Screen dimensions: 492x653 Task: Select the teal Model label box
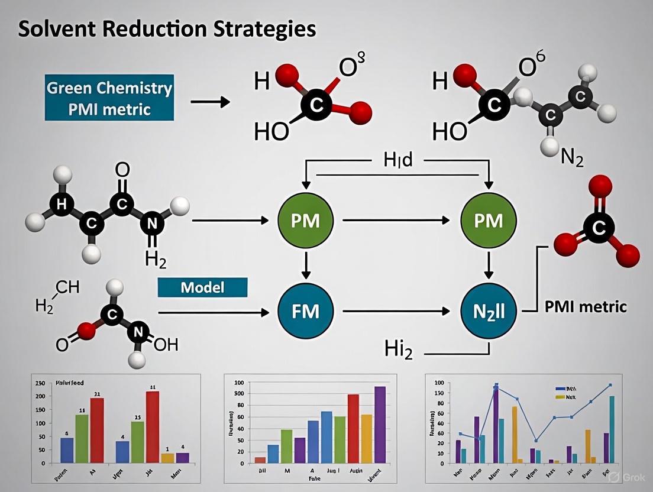[x=202, y=287]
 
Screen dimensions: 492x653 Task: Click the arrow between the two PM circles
[x=395, y=221]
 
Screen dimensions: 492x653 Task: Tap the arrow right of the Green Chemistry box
[x=210, y=102]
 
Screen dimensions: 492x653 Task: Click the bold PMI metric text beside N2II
[x=585, y=307]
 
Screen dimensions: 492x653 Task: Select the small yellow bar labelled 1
[x=167, y=457]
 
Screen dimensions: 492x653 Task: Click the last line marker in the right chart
[x=610, y=385]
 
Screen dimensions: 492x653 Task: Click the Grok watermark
[x=626, y=477]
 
